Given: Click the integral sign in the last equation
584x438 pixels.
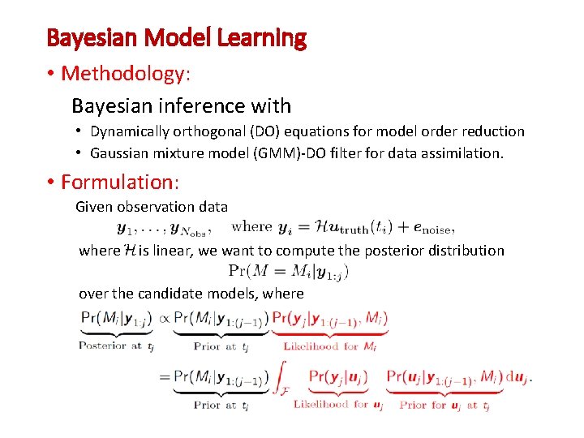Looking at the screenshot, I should point(281,380).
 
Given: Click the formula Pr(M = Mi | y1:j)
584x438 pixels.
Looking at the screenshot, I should point(289,271).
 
